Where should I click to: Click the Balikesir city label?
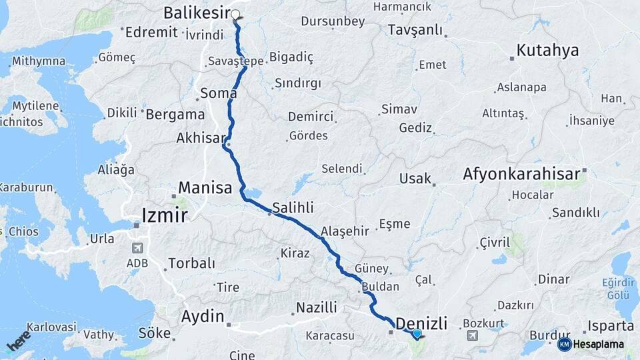tap(196, 13)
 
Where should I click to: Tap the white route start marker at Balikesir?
tap(235, 13)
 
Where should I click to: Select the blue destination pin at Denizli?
tap(417, 333)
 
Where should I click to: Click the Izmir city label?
tap(164, 215)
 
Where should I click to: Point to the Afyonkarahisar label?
tap(522, 175)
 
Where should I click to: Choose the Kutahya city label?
tap(547, 51)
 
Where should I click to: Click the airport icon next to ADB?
tap(138, 248)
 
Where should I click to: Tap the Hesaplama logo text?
tap(594, 344)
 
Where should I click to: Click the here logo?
tap(18, 340)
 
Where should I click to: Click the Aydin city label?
tap(203, 315)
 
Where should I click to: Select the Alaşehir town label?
tap(345, 231)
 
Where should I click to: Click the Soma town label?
tap(218, 93)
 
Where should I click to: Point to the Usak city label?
tap(415, 179)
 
